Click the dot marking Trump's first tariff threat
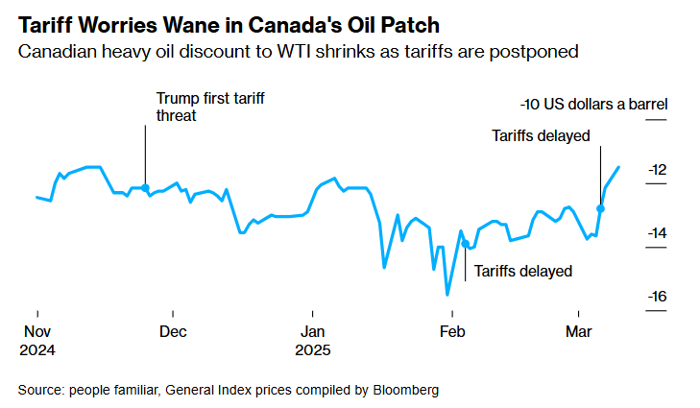click(x=145, y=188)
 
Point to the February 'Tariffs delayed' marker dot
click(x=466, y=243)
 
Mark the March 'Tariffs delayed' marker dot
click(x=601, y=208)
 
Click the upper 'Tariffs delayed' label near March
click(x=540, y=135)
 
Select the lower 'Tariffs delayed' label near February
click(x=522, y=271)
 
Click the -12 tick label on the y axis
click(x=657, y=170)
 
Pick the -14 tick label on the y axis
click(x=657, y=233)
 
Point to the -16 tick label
click(x=657, y=297)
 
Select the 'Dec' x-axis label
click(x=173, y=332)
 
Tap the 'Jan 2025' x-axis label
click(x=312, y=341)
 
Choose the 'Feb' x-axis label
click(x=451, y=332)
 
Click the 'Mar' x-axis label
click(x=579, y=332)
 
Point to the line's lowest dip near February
click(x=447, y=295)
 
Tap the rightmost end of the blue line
click(x=619, y=167)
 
